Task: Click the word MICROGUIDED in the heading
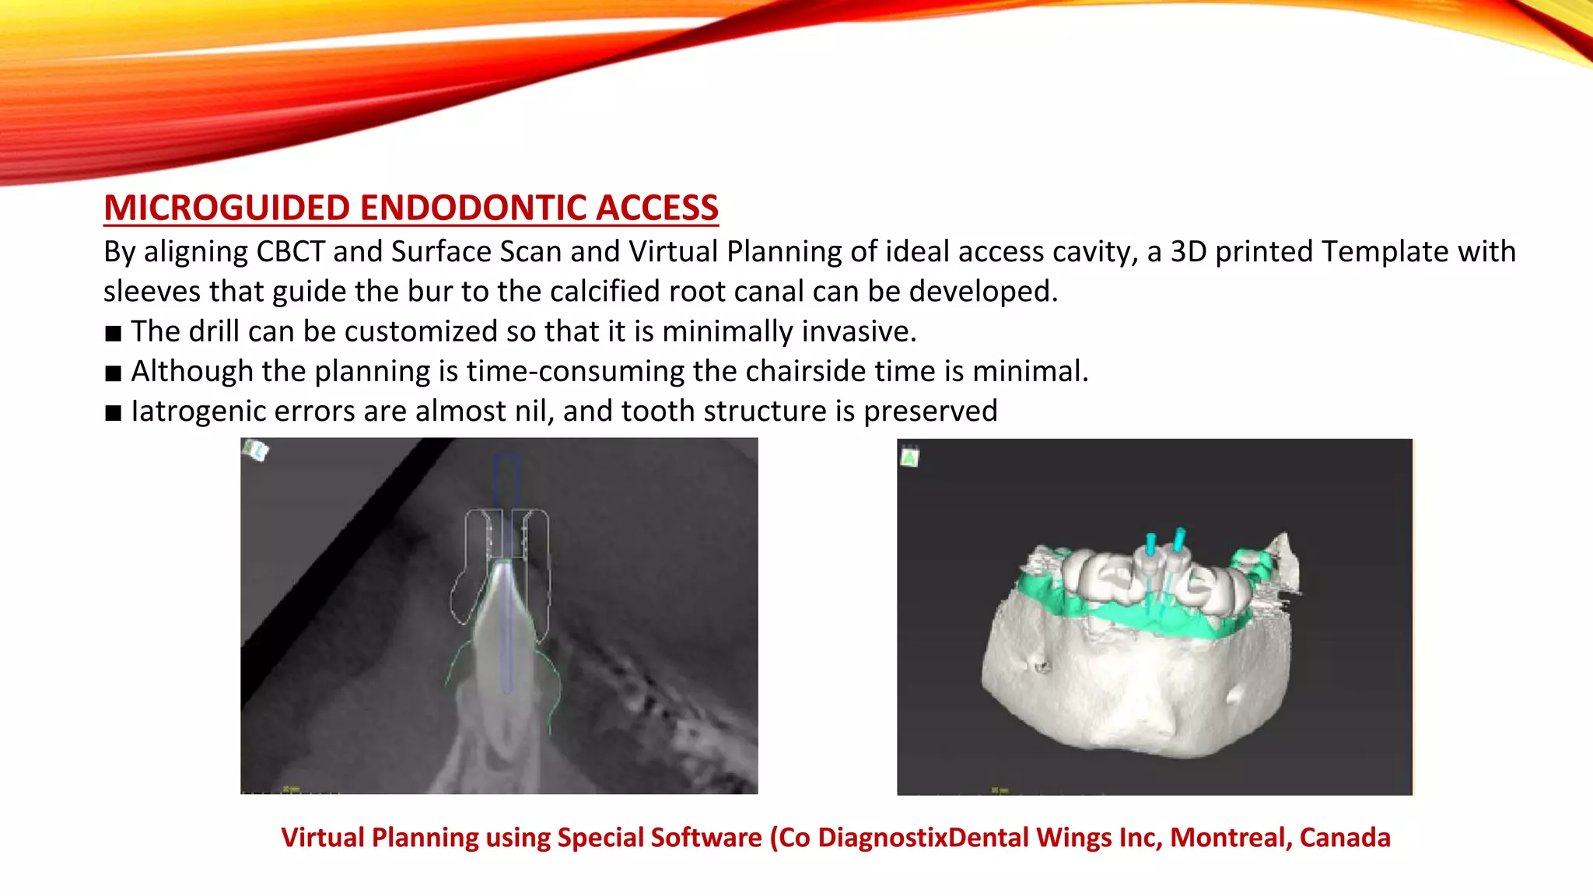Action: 227,208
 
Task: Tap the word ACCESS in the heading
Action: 656,208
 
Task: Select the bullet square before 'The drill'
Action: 114,334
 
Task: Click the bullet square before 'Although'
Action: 114,373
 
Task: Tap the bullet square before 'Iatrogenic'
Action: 114,413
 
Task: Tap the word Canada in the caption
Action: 1345,838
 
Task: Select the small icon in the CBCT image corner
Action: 255,450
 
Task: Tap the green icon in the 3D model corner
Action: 909,457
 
